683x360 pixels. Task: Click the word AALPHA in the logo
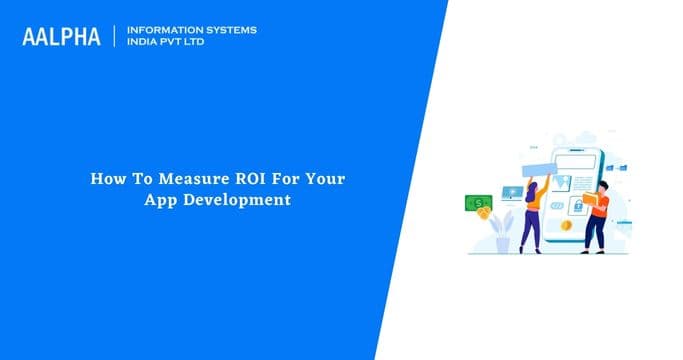63,37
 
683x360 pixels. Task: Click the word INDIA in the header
145,43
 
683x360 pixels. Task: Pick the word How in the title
105,181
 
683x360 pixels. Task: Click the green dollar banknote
478,204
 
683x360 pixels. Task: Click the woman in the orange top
532,214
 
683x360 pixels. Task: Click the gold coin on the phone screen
567,226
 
